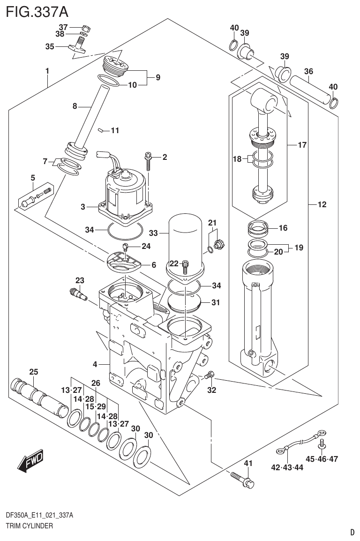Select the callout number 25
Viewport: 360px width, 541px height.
click(33, 372)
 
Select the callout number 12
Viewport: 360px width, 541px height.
click(322, 204)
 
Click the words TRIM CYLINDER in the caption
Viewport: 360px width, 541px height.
click(29, 526)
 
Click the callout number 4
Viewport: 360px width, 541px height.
click(95, 364)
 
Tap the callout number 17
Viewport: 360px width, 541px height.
click(302, 145)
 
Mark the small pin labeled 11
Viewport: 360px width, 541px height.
click(101, 131)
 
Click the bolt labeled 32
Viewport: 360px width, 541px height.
click(210, 375)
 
